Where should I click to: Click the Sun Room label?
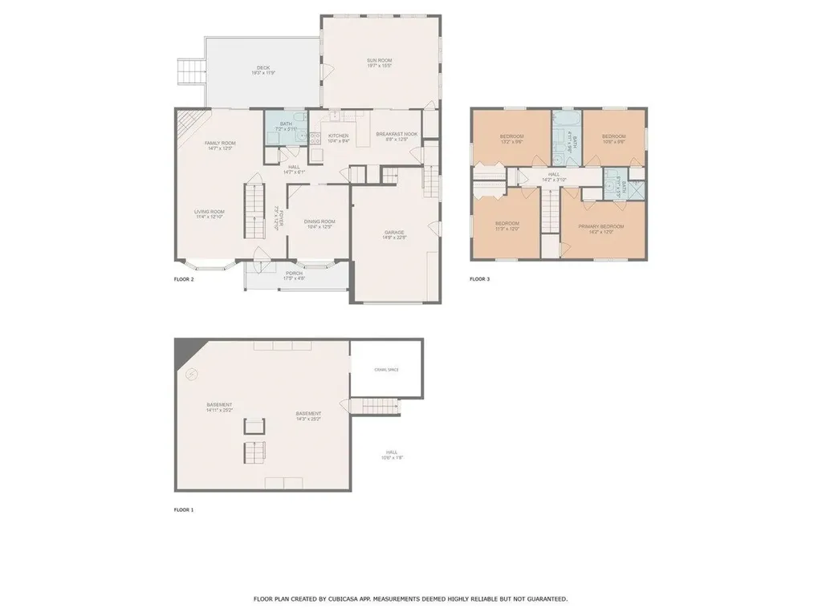pyautogui.click(x=379, y=60)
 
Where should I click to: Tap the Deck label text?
pyautogui.click(x=264, y=67)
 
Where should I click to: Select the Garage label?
pyautogui.click(x=394, y=233)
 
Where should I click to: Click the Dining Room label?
pyautogui.click(x=319, y=221)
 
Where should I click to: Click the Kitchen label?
pyautogui.click(x=338, y=136)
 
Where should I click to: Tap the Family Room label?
pyautogui.click(x=219, y=143)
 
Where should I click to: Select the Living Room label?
pyautogui.click(x=209, y=212)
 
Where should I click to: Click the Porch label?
pyautogui.click(x=295, y=274)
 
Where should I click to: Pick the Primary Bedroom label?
pyautogui.click(x=601, y=226)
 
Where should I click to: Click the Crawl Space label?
pyautogui.click(x=386, y=370)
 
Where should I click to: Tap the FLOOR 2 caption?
pyautogui.click(x=184, y=280)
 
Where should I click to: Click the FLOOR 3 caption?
pyautogui.click(x=479, y=280)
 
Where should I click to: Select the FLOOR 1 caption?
pyautogui.click(x=184, y=510)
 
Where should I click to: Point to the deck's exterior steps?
pyautogui.click(x=190, y=72)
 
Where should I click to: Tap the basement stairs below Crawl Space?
pyautogui.click(x=376, y=406)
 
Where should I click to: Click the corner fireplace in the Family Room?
pyautogui.click(x=186, y=121)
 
